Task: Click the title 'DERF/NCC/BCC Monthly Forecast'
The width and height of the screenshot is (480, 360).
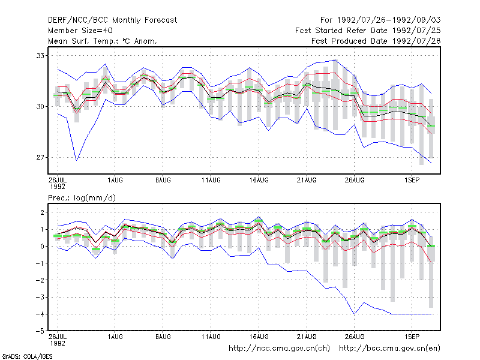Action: tap(112, 20)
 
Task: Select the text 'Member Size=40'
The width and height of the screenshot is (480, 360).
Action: tap(80, 31)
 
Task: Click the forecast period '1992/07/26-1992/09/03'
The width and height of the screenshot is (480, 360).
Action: tap(389, 20)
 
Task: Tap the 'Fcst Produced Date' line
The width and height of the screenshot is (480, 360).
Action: tap(376, 41)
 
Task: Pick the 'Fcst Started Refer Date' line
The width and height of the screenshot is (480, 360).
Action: tap(368, 31)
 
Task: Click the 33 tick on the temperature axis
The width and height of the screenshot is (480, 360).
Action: tap(40, 56)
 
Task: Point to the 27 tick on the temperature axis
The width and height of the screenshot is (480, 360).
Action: tap(40, 157)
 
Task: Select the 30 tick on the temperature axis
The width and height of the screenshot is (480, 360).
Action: tap(40, 107)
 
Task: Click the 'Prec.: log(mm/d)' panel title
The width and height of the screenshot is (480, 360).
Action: tap(82, 198)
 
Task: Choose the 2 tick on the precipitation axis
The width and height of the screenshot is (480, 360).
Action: tap(42, 212)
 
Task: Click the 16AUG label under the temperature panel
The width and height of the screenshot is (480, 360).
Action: tap(259, 181)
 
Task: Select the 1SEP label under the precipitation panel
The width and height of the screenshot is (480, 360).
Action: tap(412, 337)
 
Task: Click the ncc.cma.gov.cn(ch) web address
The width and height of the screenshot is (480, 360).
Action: tap(279, 349)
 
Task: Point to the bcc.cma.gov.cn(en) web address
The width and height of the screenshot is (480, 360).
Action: tap(389, 349)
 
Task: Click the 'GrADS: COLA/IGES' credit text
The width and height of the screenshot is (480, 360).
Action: tap(27, 356)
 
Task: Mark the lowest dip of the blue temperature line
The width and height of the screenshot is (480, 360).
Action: tap(77, 160)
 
